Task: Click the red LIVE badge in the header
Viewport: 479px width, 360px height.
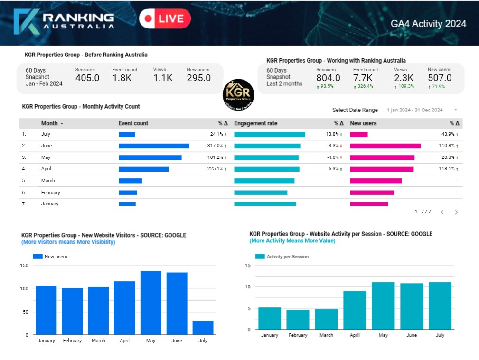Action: tap(165, 18)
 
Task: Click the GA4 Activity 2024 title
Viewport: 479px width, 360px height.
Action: tap(428, 24)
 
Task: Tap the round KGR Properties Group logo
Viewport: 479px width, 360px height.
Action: tap(239, 95)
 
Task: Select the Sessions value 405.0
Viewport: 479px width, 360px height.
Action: tap(87, 78)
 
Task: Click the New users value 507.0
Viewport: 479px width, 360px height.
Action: tap(440, 78)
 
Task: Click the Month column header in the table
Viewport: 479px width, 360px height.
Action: tap(49, 123)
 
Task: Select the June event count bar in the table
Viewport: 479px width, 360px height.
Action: tap(154, 146)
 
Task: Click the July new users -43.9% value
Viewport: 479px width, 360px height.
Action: tap(448, 134)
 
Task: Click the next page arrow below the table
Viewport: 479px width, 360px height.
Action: tap(457, 212)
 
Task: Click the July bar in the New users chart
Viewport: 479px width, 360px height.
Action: tap(203, 328)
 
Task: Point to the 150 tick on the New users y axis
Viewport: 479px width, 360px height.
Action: tap(24, 266)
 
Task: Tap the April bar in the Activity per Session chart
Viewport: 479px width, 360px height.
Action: tap(355, 310)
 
